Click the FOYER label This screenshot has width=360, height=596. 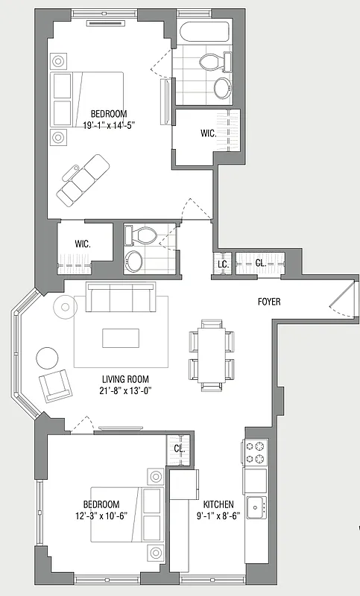click(x=269, y=302)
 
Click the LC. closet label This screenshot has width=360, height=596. click(x=222, y=264)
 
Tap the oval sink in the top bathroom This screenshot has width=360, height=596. click(x=222, y=88)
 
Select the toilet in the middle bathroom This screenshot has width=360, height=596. click(x=142, y=235)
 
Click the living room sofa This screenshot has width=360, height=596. click(x=121, y=298)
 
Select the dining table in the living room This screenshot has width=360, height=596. click(x=212, y=352)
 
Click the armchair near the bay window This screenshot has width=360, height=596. click(x=54, y=386)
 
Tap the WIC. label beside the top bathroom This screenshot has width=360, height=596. click(x=209, y=134)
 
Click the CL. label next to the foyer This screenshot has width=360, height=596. click(x=261, y=263)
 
